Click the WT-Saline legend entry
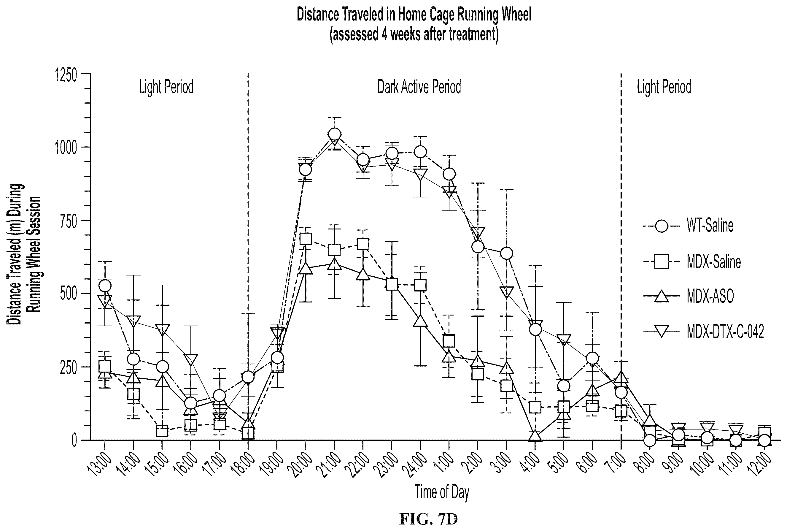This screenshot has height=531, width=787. click(x=688, y=226)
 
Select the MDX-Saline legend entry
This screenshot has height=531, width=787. click(x=692, y=262)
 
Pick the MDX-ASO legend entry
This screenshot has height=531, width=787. click(x=688, y=296)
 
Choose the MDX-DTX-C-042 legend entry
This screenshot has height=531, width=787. click(x=703, y=332)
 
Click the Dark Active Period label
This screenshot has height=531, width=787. click(x=419, y=87)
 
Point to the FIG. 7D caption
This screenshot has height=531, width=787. click(x=428, y=519)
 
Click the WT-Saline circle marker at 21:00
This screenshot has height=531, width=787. click(x=334, y=134)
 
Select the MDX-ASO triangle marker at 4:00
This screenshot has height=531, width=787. click(x=535, y=435)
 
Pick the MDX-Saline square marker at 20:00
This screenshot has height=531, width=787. click(x=306, y=239)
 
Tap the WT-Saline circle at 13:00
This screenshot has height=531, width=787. click(x=105, y=286)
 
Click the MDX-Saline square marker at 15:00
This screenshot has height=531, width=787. click(x=162, y=431)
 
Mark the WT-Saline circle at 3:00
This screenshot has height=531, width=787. click(x=506, y=253)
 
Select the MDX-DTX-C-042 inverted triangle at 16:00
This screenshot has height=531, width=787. click(x=191, y=360)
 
